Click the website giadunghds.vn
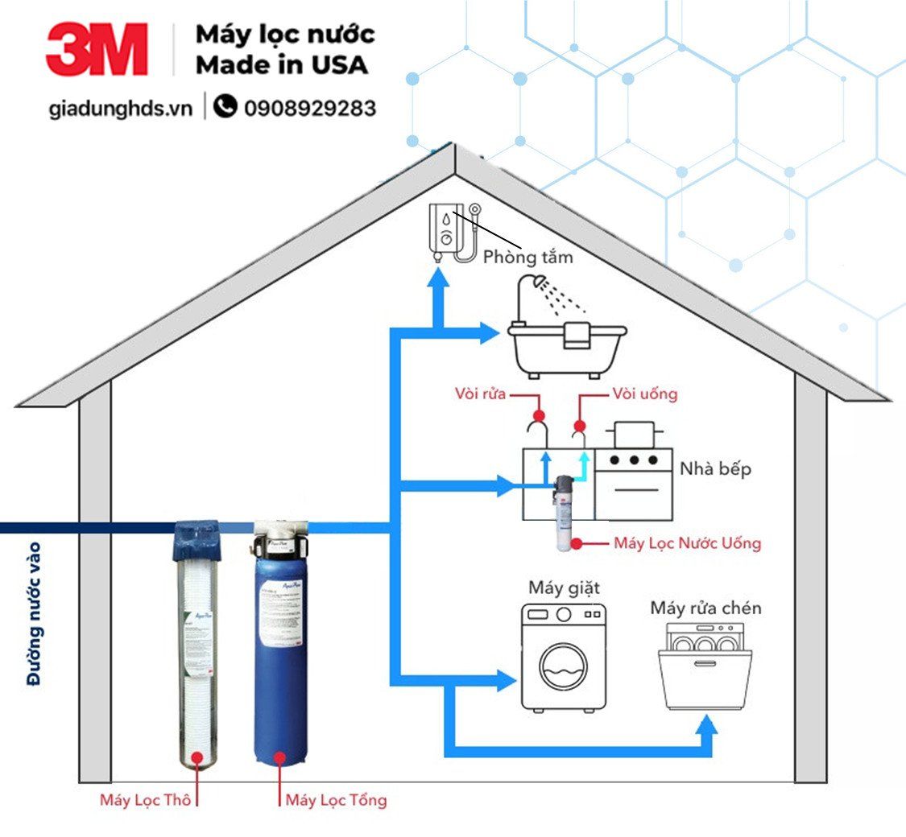120,109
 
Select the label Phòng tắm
527,258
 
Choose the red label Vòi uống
644,394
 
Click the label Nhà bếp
715,468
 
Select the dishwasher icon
705,670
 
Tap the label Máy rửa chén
705,608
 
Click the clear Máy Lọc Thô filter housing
197,652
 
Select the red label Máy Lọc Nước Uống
687,543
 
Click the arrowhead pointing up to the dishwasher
706,727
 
